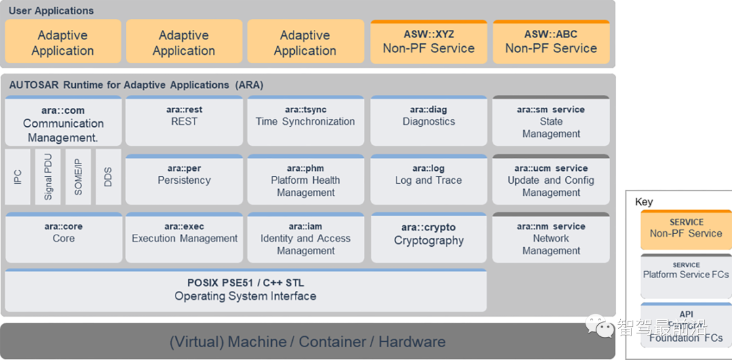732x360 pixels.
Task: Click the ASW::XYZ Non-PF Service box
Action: tap(428, 42)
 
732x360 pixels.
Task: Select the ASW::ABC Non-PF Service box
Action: tap(551, 42)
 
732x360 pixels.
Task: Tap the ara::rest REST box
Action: tap(184, 121)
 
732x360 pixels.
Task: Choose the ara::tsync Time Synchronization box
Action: tap(305, 121)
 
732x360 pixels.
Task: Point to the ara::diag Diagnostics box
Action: tap(428, 121)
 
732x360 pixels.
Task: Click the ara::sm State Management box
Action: tap(551, 121)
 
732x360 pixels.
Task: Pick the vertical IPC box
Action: tap(18, 177)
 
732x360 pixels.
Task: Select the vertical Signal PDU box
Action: tap(48, 177)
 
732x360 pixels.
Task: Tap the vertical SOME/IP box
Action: tap(78, 177)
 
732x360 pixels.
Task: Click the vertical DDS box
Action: tap(108, 177)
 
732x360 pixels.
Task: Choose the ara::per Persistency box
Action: tap(184, 180)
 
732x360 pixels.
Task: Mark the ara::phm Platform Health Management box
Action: tap(305, 180)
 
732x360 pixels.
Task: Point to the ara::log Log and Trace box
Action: tap(428, 180)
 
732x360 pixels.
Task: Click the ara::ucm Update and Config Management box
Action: tap(551, 180)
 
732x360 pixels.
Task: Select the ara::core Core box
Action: tap(63, 238)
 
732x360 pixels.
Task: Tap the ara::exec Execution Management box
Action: tap(184, 238)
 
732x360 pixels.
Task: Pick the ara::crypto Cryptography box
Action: tap(428, 238)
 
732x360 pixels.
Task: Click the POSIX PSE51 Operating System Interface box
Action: tap(245, 290)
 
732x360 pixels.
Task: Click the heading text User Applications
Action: tap(52, 11)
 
